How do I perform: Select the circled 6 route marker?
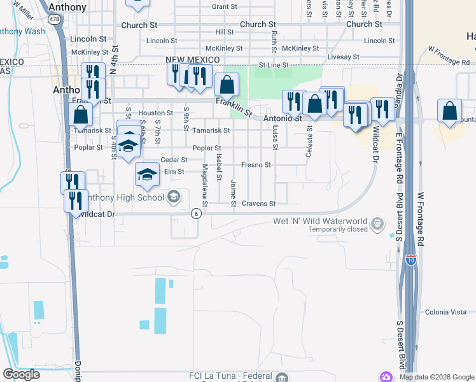(197, 213)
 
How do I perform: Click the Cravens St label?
(258, 204)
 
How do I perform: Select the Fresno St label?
(256, 165)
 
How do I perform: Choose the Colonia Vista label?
(446, 312)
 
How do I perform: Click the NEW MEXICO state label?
(193, 59)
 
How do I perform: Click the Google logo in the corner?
(22, 374)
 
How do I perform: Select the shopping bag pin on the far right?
(450, 111)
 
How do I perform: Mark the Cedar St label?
(174, 160)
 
